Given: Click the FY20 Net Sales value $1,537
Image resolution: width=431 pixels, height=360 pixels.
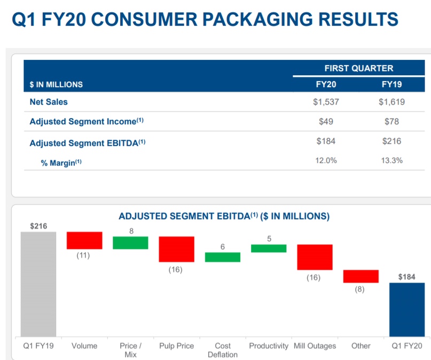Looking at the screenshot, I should pyautogui.click(x=325, y=101).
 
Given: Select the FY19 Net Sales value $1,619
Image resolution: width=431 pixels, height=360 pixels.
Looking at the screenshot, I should pyautogui.click(x=391, y=101).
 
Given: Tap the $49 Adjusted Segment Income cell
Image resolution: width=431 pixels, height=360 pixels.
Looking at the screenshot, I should pyautogui.click(x=325, y=121).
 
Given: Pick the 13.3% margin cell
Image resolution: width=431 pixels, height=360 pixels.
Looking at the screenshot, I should pyautogui.click(x=391, y=160).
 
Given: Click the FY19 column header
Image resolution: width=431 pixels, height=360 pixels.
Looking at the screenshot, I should pyautogui.click(x=391, y=84).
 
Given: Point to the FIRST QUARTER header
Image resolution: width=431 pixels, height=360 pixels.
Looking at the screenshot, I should pyautogui.click(x=358, y=68).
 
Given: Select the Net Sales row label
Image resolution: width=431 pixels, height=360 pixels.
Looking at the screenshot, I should pyautogui.click(x=49, y=101).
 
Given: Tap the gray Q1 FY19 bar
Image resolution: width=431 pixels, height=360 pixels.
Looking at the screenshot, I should pyautogui.click(x=38, y=284).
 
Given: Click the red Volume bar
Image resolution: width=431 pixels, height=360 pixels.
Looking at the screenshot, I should pyautogui.click(x=84, y=240).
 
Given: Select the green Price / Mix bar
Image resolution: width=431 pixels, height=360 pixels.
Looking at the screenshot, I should pyautogui.click(x=130, y=242).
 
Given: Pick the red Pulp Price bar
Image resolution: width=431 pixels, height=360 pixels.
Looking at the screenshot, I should pyautogui.click(x=177, y=249).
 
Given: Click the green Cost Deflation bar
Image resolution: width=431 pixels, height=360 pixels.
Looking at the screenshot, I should pyautogui.click(x=223, y=257).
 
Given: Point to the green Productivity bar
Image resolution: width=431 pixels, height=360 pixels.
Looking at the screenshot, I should pyautogui.click(x=269, y=248).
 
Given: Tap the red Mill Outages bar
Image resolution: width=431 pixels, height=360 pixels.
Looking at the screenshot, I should pyautogui.click(x=315, y=257).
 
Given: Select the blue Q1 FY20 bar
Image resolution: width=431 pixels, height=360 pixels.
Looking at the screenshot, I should pyautogui.click(x=407, y=309).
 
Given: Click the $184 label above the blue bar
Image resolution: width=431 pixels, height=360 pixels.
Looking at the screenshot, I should pyautogui.click(x=407, y=277).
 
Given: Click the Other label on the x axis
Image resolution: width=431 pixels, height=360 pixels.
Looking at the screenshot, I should pyautogui.click(x=361, y=346).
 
